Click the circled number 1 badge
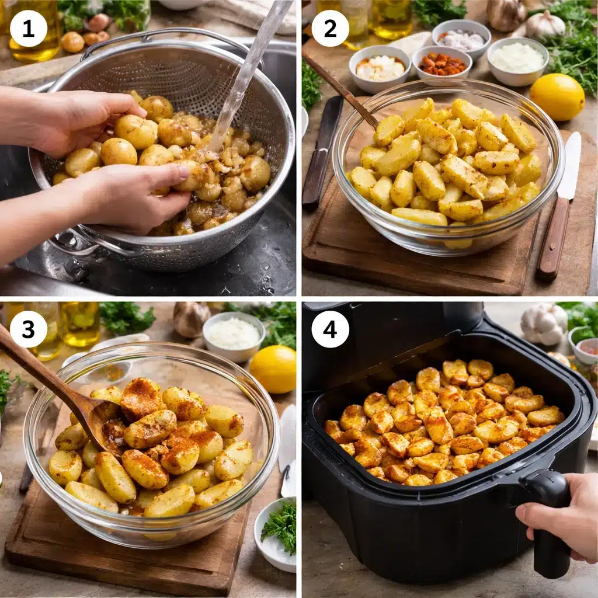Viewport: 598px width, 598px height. point(29,28)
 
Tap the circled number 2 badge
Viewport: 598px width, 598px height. point(330,28)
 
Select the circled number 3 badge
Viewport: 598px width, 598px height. point(29,329)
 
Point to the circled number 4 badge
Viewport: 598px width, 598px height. point(330,329)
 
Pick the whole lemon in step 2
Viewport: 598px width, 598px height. point(557,96)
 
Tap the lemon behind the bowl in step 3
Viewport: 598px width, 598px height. point(273,369)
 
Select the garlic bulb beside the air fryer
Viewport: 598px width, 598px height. point(544,324)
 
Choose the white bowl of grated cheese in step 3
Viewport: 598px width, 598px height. point(234,335)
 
